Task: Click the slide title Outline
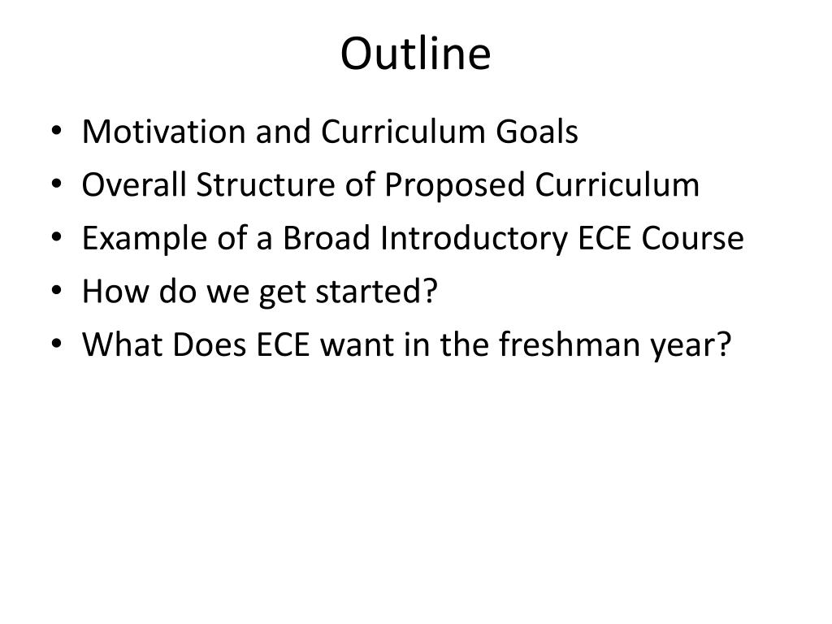tap(415, 53)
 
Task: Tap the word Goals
tap(536, 132)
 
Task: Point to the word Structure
tap(266, 184)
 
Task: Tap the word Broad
tap(326, 238)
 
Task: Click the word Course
tap(692, 238)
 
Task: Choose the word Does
tap(209, 344)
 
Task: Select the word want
tap(357, 344)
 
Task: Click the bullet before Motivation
tap(56, 131)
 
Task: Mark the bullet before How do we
tap(56, 290)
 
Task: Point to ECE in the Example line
tap(604, 238)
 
